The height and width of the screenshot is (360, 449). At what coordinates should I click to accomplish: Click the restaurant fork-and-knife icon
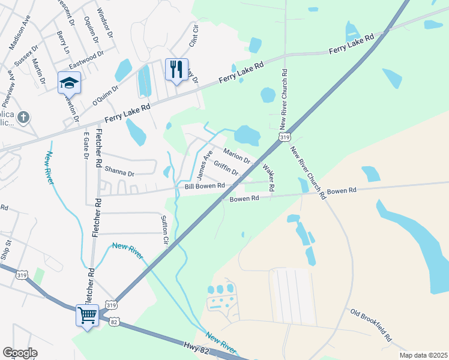coord(176,69)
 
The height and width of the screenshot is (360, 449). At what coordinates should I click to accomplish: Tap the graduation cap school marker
coord(69,83)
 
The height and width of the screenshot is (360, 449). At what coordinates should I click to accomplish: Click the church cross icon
coord(23,117)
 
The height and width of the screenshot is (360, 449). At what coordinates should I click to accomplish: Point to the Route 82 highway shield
coord(114,322)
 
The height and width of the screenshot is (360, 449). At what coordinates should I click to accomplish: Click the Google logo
coord(20,353)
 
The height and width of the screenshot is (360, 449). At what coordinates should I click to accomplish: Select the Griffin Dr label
coord(226,169)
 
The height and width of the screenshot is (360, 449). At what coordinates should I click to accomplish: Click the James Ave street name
coord(205,165)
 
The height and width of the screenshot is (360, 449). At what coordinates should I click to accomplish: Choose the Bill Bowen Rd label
coord(204,187)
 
